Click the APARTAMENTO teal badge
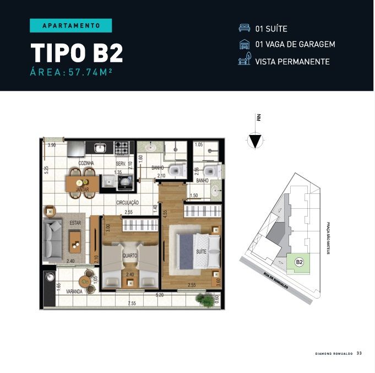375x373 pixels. pos(70,25)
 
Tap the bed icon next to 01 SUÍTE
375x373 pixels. pos(243,29)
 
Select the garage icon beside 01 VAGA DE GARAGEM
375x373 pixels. pos(243,45)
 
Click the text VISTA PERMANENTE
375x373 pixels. pos(292,61)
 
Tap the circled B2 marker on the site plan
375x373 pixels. pos(300,262)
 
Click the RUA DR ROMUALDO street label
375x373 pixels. pos(275,283)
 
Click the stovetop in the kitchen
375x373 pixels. pos(122,148)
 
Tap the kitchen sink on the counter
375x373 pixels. pos(100,147)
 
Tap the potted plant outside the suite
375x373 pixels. pos(206,300)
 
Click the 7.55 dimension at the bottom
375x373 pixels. pos(132,303)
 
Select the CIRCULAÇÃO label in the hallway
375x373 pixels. pos(127,203)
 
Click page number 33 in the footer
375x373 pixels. pos(359,353)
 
